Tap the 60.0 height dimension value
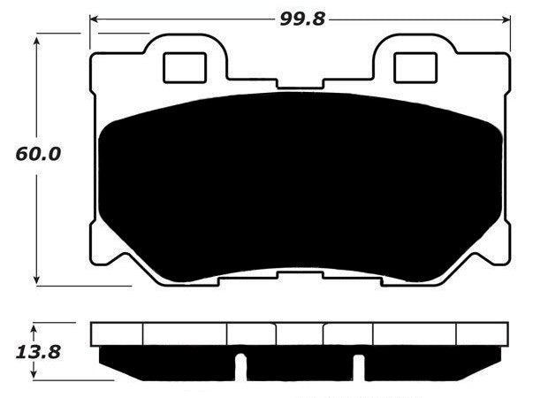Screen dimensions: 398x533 (x=36, y=153)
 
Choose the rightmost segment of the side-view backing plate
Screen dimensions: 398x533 (x=484, y=333)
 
